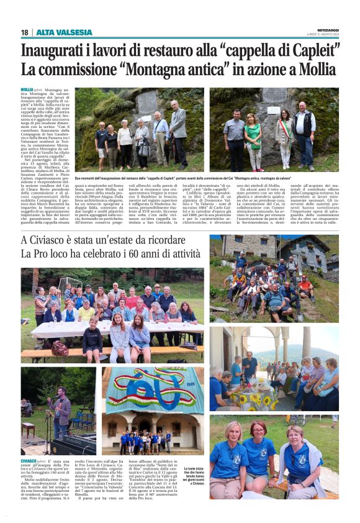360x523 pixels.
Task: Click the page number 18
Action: (x=24, y=32)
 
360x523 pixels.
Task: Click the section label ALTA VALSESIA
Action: (x=64, y=32)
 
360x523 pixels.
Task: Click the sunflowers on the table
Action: (x=251, y=399)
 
